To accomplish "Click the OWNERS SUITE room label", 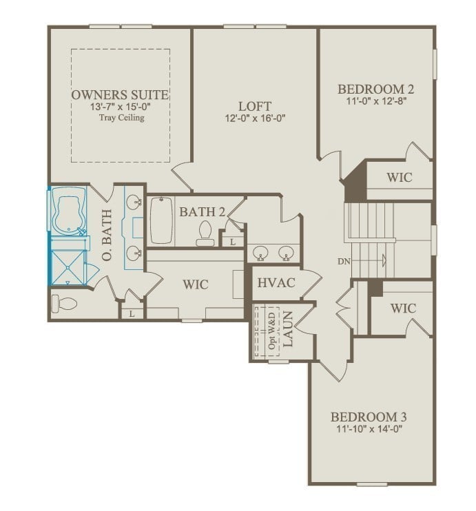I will [121, 94].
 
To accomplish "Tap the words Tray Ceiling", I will [121, 118].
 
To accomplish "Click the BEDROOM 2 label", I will [375, 89].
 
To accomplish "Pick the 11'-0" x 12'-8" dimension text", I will [375, 101].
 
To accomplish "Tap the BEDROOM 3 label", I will [369, 417].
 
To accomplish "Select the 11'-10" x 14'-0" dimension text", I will [369, 428].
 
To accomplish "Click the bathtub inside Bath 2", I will [161, 220].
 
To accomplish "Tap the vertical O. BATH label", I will [107, 234].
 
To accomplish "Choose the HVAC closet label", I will [276, 282].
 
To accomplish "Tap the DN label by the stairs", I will [345, 262].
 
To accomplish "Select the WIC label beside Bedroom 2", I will [399, 177].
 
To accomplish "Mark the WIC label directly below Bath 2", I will [195, 284].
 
